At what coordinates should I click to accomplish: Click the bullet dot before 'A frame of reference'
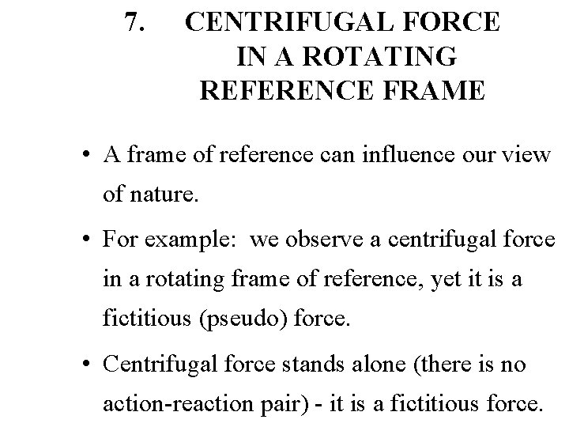coord(93,155)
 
